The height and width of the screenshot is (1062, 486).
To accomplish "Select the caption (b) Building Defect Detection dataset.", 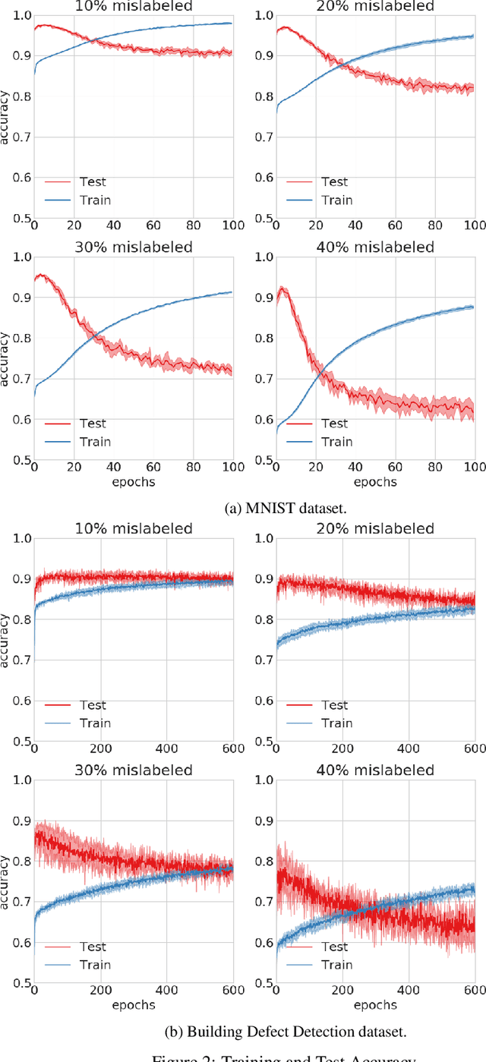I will (x=243, y=1031).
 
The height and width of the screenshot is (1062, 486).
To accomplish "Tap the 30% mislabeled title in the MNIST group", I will (x=133, y=247).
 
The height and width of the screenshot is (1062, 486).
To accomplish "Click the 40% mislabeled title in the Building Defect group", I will (x=375, y=771).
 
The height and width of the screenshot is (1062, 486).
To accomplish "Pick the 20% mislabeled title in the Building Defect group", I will (x=375, y=528).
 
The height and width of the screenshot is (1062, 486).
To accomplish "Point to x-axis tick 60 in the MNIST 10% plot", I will (x=153, y=226).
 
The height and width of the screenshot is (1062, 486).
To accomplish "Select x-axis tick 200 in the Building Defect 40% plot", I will (x=342, y=991).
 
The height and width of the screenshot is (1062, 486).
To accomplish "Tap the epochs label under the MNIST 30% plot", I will (x=133, y=481).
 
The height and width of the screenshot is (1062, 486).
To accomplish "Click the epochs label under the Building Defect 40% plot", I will (x=375, y=1005).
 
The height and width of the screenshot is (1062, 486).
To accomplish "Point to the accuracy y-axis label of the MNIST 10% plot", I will (x=6, y=115).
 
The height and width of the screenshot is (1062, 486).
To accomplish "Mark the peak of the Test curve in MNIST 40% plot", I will (x=282, y=288).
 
